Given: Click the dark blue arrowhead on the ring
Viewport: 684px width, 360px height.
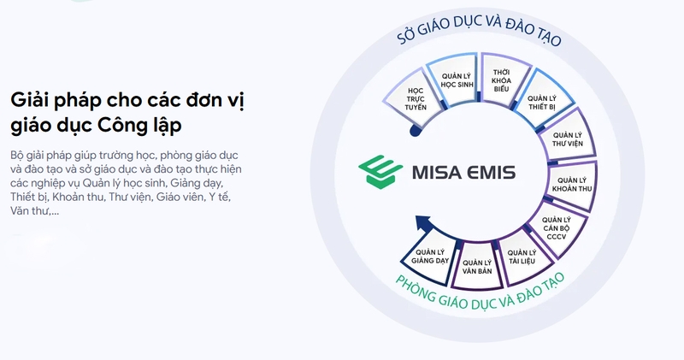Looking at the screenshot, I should pos(421,224).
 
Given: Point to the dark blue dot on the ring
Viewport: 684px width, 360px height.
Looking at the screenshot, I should pos(416,131).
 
